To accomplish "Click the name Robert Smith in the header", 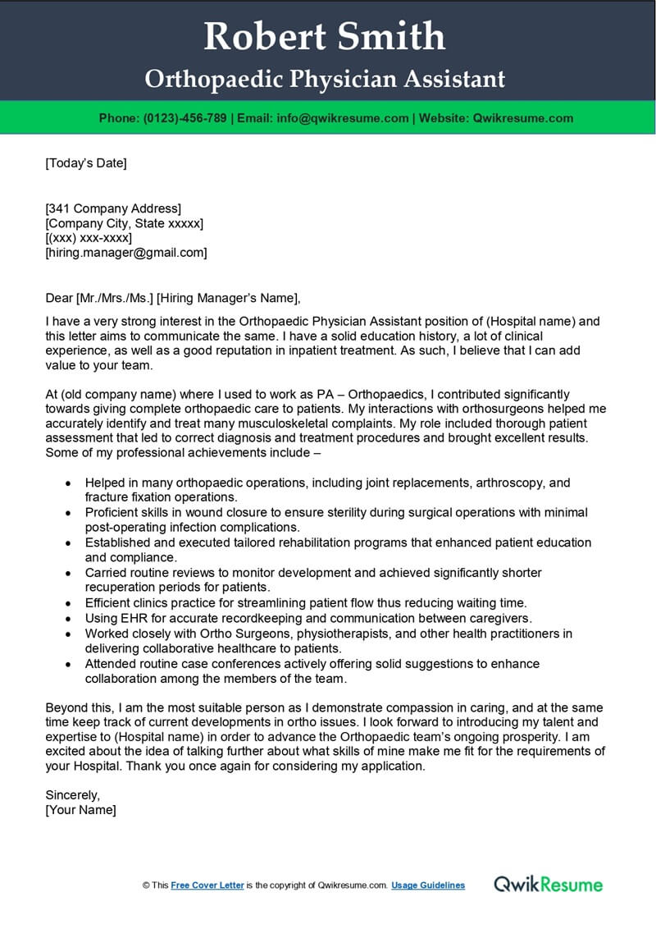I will click(x=325, y=36).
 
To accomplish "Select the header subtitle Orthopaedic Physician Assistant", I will click(x=325, y=79).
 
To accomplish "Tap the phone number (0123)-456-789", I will click(x=185, y=118).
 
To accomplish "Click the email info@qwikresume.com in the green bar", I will click(x=343, y=118).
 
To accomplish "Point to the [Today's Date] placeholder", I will click(x=86, y=162).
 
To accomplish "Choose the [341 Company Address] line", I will click(x=113, y=208).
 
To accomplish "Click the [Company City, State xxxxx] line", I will click(x=124, y=223).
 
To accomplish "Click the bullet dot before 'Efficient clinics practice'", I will click(x=67, y=602).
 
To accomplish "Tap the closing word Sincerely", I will click(x=72, y=795).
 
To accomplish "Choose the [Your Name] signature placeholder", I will click(x=80, y=810).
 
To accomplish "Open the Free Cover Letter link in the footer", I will click(x=207, y=886).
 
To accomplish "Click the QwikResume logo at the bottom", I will click(x=548, y=884).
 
